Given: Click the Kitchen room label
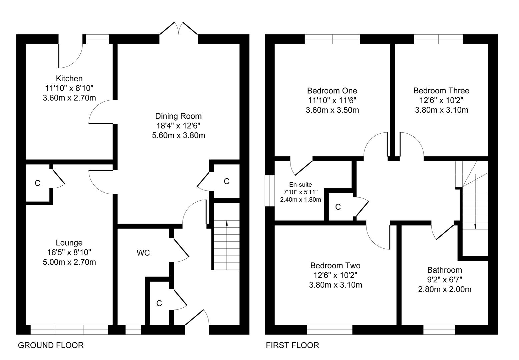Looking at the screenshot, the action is click(69, 78).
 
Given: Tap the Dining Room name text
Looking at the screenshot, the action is click(178, 116).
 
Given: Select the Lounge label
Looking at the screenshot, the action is click(69, 243).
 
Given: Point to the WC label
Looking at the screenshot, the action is click(143, 253).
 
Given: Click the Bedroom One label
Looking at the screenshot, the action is click(332, 91).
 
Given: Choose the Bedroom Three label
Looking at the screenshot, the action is click(441, 91).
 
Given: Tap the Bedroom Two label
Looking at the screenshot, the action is click(335, 265).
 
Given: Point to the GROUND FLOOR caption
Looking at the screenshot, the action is click(50, 345).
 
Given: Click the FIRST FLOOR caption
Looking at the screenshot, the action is click(292, 345).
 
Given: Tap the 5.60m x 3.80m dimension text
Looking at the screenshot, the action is click(178, 135).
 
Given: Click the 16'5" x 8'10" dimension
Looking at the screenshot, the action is click(69, 252).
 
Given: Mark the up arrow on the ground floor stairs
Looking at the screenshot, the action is click(226, 245).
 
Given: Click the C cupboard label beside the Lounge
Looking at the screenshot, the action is click(38, 183).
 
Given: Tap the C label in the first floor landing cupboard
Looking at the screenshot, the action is click(338, 207).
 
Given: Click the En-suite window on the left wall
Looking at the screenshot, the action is click(270, 191).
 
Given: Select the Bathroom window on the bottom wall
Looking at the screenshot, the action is click(439, 330).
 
